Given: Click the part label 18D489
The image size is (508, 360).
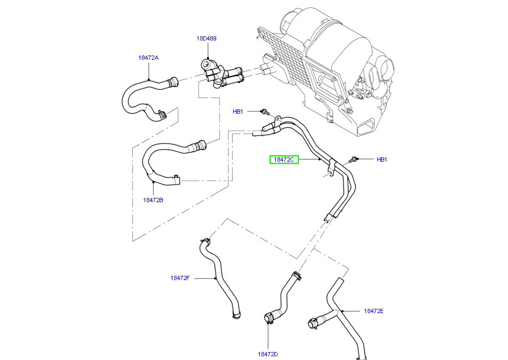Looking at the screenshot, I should (x=206, y=38).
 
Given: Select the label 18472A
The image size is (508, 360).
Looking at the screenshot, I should (x=148, y=58).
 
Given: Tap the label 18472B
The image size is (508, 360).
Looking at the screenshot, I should (x=153, y=201).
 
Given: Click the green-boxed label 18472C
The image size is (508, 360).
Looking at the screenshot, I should (x=284, y=159).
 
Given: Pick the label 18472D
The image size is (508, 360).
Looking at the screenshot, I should (x=268, y=354).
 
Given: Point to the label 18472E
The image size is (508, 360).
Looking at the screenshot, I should (x=374, y=311).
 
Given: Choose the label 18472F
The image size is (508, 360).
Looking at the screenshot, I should (x=180, y=278).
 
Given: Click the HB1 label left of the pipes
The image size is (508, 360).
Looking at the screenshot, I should (x=237, y=111).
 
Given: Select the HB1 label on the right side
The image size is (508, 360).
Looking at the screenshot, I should (x=382, y=159).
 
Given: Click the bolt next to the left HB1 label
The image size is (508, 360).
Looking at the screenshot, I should (x=264, y=111).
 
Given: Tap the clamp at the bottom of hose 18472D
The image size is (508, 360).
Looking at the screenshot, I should (x=268, y=319).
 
